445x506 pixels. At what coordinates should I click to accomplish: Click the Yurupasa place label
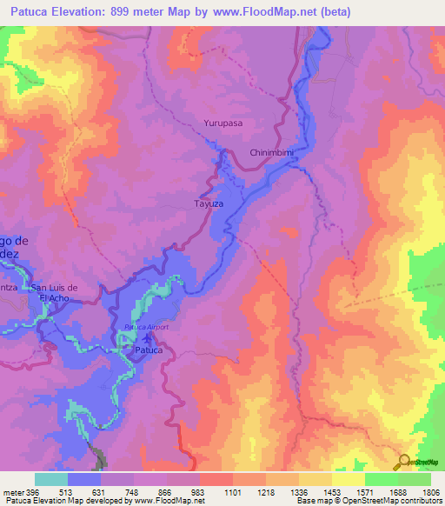(222, 123)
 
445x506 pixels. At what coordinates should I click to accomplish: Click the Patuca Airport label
(145, 327)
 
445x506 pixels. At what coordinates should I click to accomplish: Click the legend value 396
(33, 491)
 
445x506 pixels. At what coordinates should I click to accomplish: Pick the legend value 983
(198, 491)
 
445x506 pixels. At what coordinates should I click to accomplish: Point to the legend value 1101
(232, 491)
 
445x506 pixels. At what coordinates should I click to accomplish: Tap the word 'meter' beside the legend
(13, 491)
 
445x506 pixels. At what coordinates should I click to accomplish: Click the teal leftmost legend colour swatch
(51, 479)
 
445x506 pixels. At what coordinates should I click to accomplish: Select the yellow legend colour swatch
(348, 479)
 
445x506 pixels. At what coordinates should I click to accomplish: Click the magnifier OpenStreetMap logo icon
(404, 463)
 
